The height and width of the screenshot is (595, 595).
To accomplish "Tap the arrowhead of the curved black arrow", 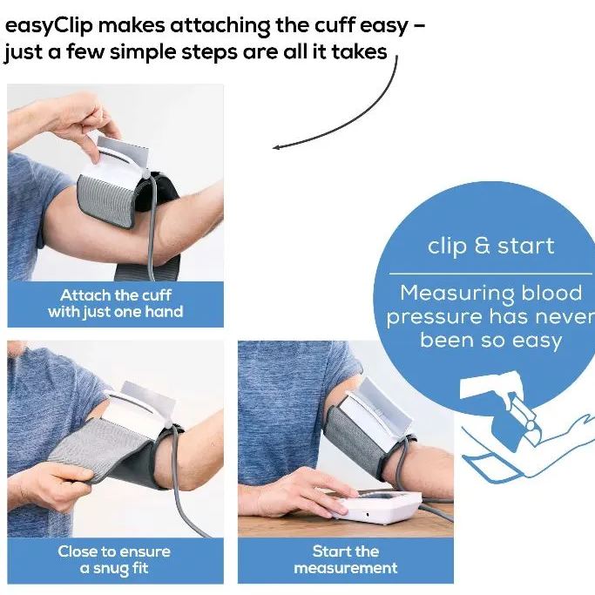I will (277, 147).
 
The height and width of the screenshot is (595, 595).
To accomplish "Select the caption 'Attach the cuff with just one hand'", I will (116, 303).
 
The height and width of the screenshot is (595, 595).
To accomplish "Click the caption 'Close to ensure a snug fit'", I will (114, 559).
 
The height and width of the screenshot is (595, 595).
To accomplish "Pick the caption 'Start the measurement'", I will (346, 559).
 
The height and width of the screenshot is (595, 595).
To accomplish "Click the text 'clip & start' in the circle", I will (490, 247).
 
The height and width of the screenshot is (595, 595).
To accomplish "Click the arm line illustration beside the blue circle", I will (523, 436).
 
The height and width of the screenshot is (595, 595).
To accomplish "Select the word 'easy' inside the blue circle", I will (532, 340).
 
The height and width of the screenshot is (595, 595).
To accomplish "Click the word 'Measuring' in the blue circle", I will (455, 294).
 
